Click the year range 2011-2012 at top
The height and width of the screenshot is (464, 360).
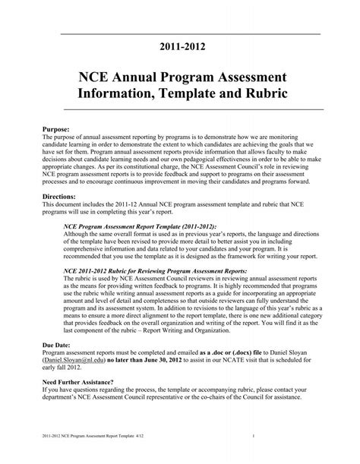pos(180,48)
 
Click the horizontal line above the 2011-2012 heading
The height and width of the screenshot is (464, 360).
pos(180,34)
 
